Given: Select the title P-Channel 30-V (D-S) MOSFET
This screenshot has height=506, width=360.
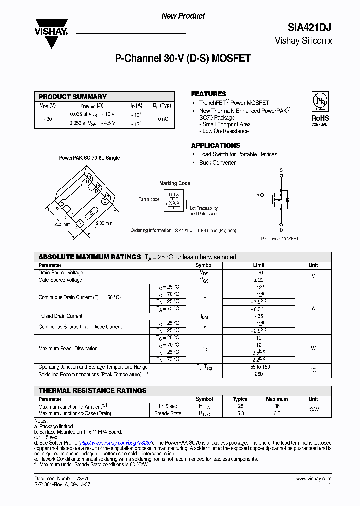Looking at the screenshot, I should [183, 59].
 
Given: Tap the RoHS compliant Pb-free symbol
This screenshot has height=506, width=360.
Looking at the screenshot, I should [320, 101].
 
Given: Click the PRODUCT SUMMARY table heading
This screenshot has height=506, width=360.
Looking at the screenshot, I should [73, 97].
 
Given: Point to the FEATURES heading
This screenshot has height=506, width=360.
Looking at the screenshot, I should [208, 94].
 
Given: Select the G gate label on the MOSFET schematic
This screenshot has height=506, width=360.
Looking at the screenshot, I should [257, 194].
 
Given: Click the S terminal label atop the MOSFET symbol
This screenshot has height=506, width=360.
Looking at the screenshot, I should [281, 170].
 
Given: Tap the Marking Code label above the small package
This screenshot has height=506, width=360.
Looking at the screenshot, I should [175, 184].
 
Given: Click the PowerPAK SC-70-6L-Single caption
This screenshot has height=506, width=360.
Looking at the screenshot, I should [89, 158].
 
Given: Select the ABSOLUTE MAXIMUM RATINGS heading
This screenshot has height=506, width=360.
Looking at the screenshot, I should [90, 257].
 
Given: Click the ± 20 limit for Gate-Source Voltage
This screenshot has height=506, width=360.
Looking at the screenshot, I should [259, 280].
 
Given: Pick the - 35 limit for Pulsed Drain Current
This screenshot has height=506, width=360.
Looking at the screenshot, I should [259, 316].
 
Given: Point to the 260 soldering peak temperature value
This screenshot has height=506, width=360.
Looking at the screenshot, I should [259, 374].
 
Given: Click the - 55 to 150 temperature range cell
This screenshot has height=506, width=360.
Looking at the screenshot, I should [259, 367].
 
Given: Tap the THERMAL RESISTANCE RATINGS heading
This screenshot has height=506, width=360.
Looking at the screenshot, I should [92, 390].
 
